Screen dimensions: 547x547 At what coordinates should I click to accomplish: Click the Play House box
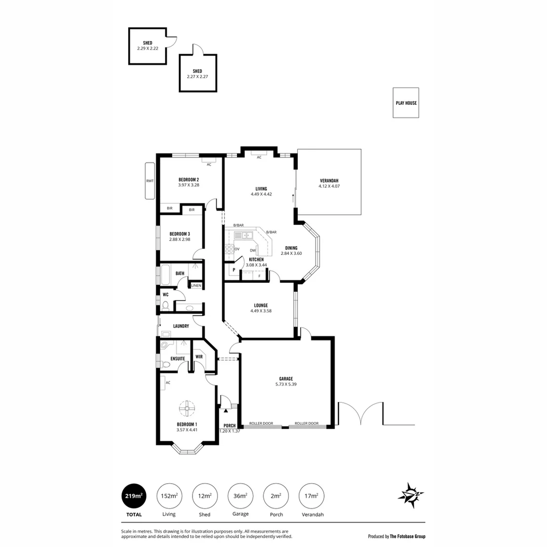click(x=406, y=103)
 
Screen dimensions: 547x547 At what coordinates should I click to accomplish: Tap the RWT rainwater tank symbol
click(x=149, y=181)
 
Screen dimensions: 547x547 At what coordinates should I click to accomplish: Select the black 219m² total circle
click(x=134, y=496)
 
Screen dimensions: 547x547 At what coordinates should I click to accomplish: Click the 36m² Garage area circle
click(x=240, y=496)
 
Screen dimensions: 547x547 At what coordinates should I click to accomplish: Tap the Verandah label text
click(x=329, y=181)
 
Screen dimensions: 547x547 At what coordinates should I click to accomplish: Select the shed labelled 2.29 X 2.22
click(x=147, y=46)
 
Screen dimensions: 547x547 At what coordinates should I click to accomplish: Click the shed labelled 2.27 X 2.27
click(x=197, y=73)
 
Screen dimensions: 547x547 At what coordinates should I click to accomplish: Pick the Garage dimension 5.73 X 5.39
click(x=286, y=384)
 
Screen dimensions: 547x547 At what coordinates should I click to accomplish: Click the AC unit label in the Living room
click(x=259, y=157)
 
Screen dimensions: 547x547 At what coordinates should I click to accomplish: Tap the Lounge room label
click(x=261, y=305)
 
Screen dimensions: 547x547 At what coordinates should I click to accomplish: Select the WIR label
click(x=199, y=357)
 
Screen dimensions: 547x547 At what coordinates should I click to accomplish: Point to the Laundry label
click(x=181, y=326)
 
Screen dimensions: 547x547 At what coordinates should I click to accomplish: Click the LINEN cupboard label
click(x=196, y=286)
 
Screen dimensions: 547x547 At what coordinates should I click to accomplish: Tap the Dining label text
click(x=291, y=248)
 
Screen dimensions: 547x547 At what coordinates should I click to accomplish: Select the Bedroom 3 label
click(x=180, y=233)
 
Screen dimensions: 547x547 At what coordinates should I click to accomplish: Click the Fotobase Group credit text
click(x=397, y=536)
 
